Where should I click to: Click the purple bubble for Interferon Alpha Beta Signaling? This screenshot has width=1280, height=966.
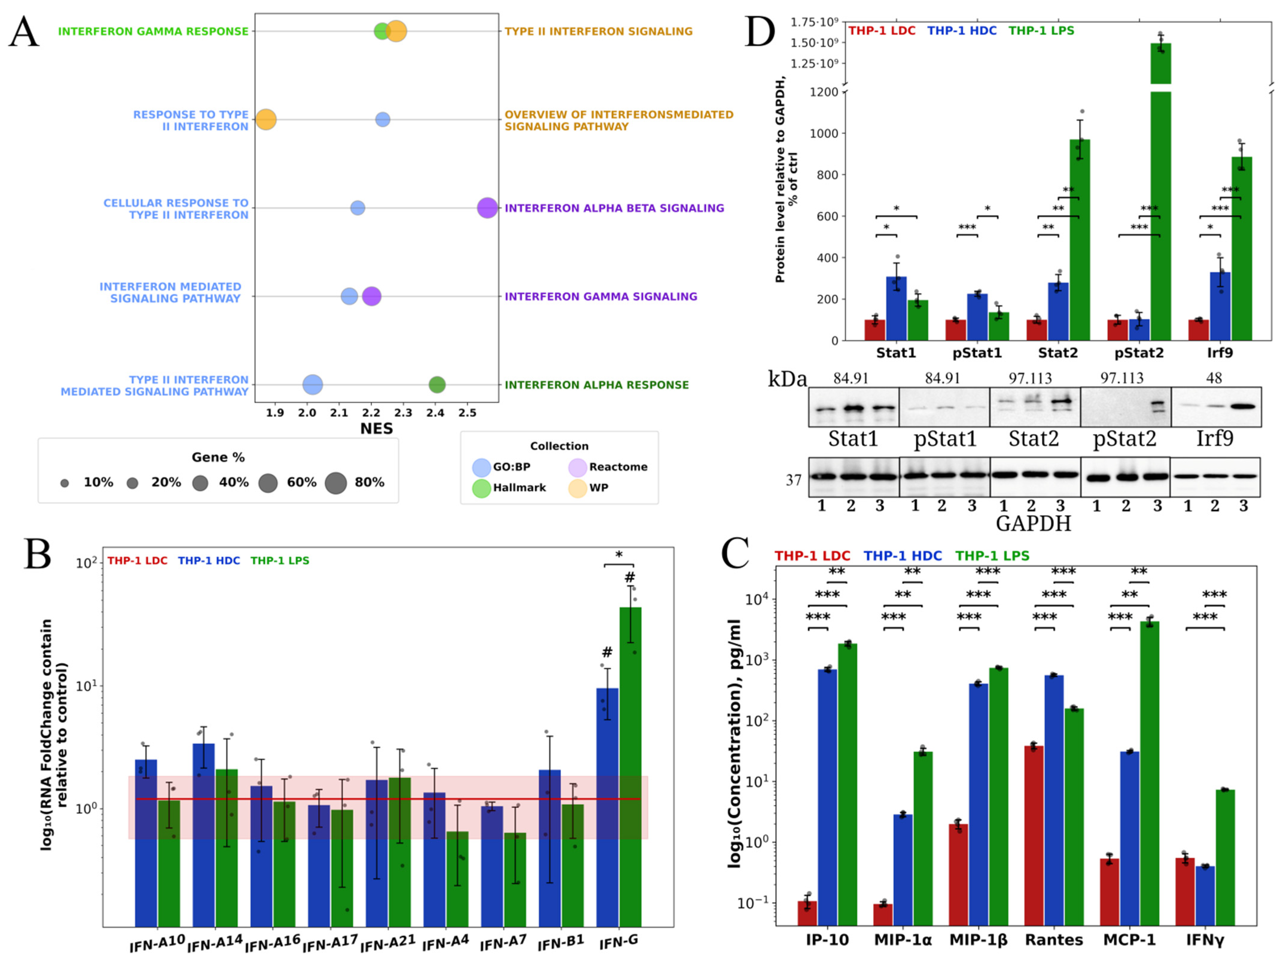[487, 208]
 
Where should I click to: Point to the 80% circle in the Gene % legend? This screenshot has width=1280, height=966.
[336, 483]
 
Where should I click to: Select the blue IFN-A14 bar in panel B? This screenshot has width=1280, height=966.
[204, 835]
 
